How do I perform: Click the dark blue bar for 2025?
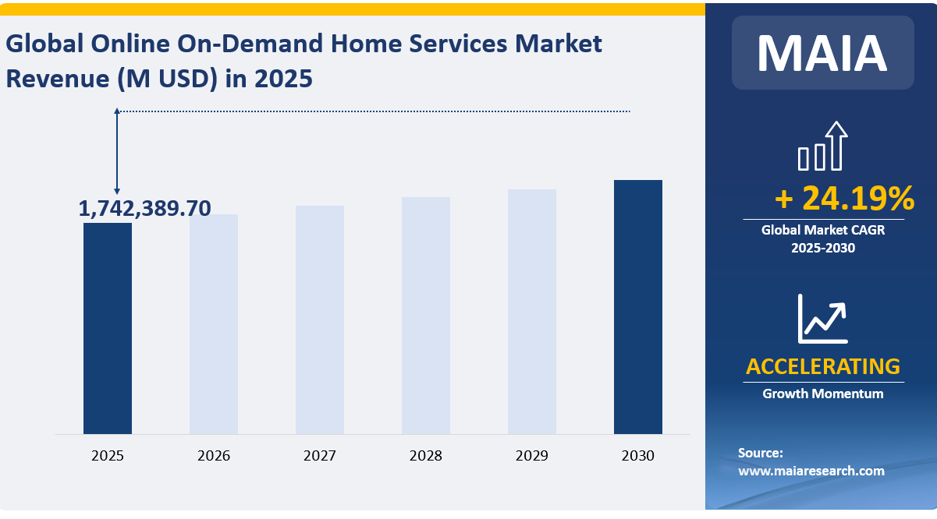[x=108, y=328]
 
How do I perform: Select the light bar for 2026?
[x=214, y=324]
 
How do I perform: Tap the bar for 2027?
[x=320, y=320]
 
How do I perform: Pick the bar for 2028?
[x=426, y=316]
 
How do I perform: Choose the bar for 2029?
[x=532, y=312]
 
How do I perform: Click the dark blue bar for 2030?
[x=638, y=307]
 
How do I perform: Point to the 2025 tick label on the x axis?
[x=108, y=456]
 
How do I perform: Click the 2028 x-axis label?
[x=426, y=456]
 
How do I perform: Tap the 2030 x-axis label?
[x=638, y=456]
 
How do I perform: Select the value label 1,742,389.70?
[x=145, y=208]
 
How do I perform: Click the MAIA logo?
[x=822, y=52]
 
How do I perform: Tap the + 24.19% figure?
[x=844, y=199]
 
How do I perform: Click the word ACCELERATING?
[x=823, y=366]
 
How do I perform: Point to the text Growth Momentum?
[x=823, y=394]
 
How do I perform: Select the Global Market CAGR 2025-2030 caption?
[x=823, y=239]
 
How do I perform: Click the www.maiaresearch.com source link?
[x=811, y=471]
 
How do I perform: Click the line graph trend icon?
[x=822, y=319]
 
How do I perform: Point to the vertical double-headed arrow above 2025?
[x=117, y=151]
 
